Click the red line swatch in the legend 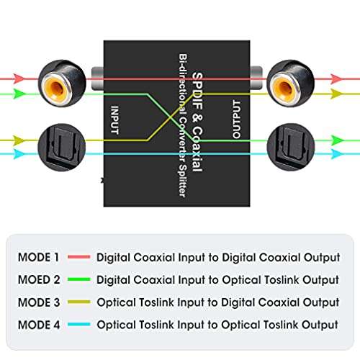pos(79,257)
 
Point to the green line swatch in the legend pos(79,279)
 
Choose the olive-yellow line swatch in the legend pos(79,302)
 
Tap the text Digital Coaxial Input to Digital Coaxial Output pos(217,257)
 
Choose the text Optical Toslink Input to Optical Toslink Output pos(217,325)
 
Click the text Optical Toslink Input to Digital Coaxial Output pos(217,302)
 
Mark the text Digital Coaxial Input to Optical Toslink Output pos(217,279)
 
